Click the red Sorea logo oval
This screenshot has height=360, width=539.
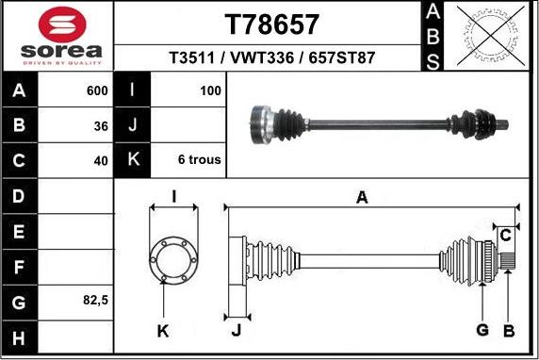pyautogui.click(x=62, y=25)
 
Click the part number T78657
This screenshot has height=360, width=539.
pyautogui.click(x=271, y=25)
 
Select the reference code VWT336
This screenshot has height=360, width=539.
pyautogui.click(x=262, y=57)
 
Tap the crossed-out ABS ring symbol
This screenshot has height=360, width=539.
pyautogui.click(x=491, y=36)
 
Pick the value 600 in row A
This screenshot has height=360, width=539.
pyautogui.click(x=97, y=90)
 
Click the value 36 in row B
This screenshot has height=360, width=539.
pyautogui.click(x=101, y=126)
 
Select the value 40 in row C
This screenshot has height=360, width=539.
pyautogui.click(x=101, y=161)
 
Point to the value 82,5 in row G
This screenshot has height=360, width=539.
pyautogui.click(x=95, y=301)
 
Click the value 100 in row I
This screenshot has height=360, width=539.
pyautogui.click(x=210, y=90)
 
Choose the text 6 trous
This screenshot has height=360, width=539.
pyautogui.click(x=200, y=159)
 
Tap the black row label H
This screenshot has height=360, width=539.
pyautogui.click(x=20, y=338)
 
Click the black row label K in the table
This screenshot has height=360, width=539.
pyautogui.click(x=133, y=159)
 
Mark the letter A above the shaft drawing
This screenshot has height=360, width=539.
pyautogui.click(x=362, y=198)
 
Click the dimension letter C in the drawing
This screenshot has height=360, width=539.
pyautogui.click(x=505, y=236)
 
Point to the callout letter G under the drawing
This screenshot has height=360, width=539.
pyautogui.click(x=482, y=330)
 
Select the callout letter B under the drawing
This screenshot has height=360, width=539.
pyautogui.click(x=509, y=331)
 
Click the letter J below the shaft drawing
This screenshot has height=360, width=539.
pyautogui.click(x=237, y=331)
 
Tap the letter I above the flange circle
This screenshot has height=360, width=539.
pyautogui.click(x=174, y=197)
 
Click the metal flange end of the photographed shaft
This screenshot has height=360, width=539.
pyautogui.click(x=261, y=124)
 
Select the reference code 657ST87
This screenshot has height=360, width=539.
pyautogui.click(x=341, y=57)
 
